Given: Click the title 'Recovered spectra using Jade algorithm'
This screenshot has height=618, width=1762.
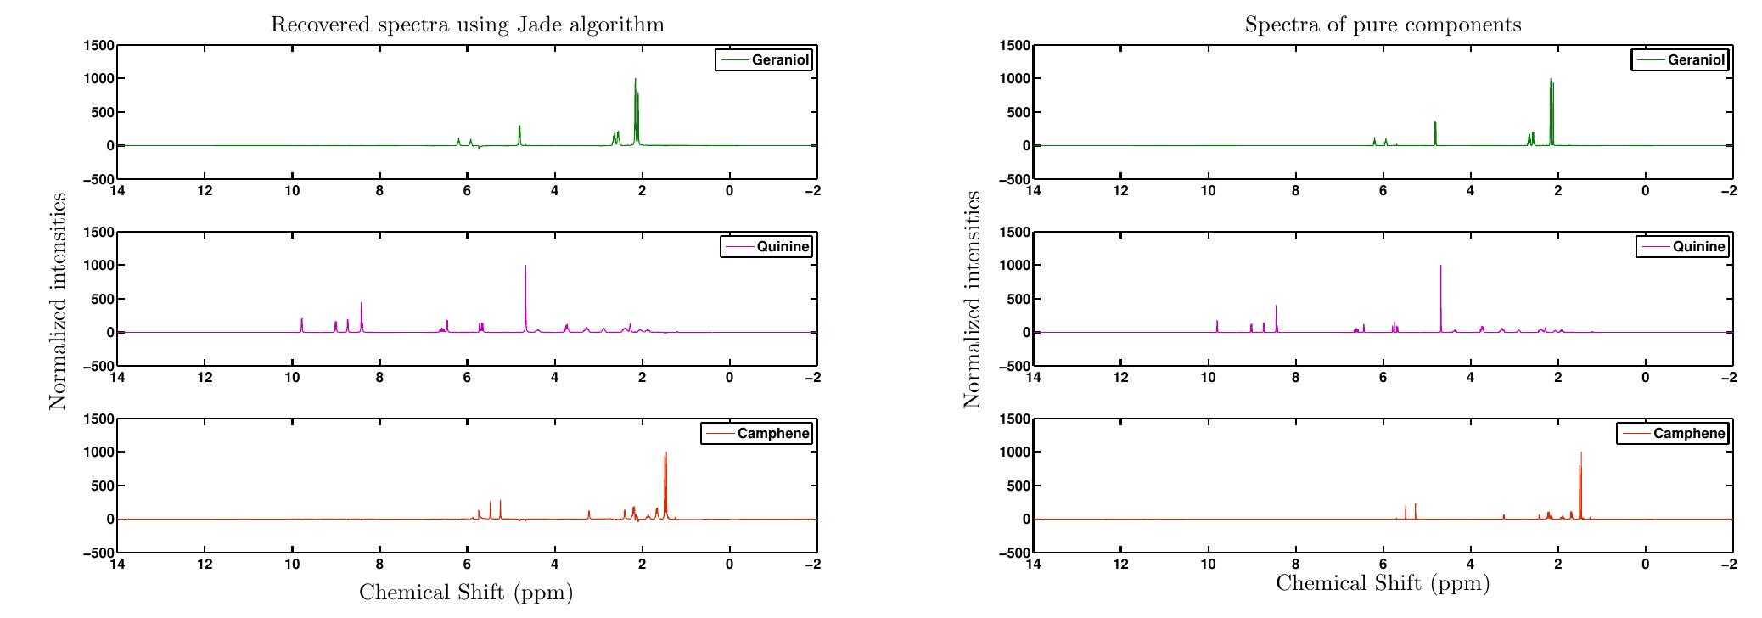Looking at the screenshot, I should point(467,25).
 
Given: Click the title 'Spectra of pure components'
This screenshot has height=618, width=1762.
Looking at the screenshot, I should point(1383,25).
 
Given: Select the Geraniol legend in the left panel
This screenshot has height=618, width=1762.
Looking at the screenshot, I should point(763,60).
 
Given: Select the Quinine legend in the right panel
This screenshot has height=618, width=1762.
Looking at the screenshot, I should point(1682,247).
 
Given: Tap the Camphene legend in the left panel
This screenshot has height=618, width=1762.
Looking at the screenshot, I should point(756,434).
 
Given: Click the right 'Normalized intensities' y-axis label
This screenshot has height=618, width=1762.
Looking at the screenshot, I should point(973,299).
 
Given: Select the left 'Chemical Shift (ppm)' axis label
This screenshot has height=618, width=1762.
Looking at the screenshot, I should point(466,592).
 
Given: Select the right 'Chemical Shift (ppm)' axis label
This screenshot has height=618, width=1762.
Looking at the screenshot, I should point(1383,583).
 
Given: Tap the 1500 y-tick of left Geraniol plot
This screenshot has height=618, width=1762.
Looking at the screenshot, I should point(98,45).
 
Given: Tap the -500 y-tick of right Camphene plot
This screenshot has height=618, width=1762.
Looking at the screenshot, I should point(1013,553).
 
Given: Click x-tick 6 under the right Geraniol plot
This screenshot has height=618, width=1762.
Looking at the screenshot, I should point(1383,190).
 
